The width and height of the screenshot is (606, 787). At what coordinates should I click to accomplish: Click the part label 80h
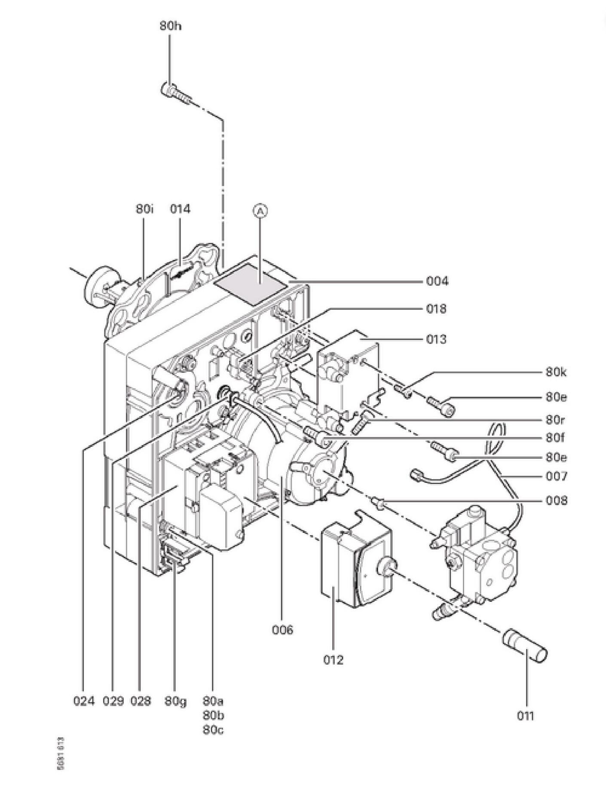[170, 26]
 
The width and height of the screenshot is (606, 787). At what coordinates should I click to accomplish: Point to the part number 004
[437, 281]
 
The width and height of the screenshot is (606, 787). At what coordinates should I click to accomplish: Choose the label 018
[436, 309]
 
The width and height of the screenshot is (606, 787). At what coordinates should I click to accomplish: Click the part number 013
[436, 339]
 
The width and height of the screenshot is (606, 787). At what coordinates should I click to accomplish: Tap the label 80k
[556, 372]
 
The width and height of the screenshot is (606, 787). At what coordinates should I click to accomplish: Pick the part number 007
[556, 476]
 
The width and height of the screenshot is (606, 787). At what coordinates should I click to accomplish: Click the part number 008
[556, 500]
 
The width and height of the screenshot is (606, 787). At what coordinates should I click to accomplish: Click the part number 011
[525, 716]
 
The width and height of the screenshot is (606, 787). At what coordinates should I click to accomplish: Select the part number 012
[334, 659]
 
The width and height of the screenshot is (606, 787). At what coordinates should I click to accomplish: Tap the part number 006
[282, 630]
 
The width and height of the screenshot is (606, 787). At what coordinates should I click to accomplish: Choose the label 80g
[175, 701]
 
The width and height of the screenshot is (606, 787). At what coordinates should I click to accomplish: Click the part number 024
[83, 701]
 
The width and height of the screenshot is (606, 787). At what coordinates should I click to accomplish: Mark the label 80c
[213, 730]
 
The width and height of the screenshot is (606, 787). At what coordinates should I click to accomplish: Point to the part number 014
[180, 209]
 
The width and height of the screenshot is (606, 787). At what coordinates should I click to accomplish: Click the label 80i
[144, 209]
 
